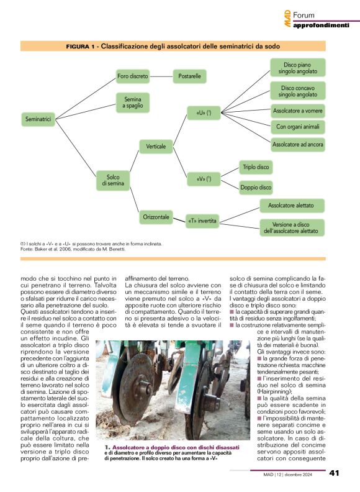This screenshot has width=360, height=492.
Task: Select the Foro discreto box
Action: (x=133, y=77)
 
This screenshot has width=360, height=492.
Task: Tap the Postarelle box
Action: (x=189, y=77)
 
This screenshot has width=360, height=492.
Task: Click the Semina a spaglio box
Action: (x=133, y=102)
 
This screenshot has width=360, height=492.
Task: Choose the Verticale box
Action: (x=155, y=147)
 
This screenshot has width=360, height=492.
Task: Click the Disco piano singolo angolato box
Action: (x=297, y=68)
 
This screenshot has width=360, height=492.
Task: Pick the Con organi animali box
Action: (x=297, y=127)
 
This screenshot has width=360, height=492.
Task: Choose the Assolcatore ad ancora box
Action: (x=297, y=144)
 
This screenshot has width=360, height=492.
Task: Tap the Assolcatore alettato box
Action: (x=290, y=205)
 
